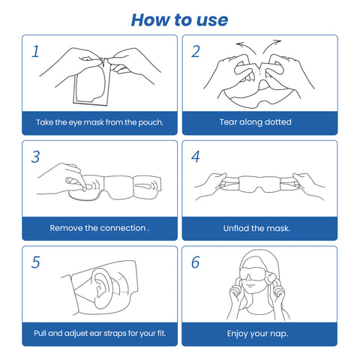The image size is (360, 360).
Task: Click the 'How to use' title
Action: (179, 20)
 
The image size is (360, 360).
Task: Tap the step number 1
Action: (35, 52)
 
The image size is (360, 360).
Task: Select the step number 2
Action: (196, 52)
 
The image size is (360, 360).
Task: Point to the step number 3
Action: (35, 157)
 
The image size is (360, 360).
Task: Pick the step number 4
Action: (196, 157)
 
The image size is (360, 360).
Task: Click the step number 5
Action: (36, 262)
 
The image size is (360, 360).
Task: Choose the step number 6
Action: (196, 262)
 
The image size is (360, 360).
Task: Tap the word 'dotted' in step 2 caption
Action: (278, 122)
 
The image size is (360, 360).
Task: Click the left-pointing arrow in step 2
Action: (246, 47)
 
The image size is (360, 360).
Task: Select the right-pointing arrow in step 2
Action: (272, 46)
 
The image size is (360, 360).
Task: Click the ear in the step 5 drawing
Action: (100, 287)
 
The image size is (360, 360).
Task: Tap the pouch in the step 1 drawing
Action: (91, 82)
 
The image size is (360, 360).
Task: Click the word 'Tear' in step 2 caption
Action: (228, 122)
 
